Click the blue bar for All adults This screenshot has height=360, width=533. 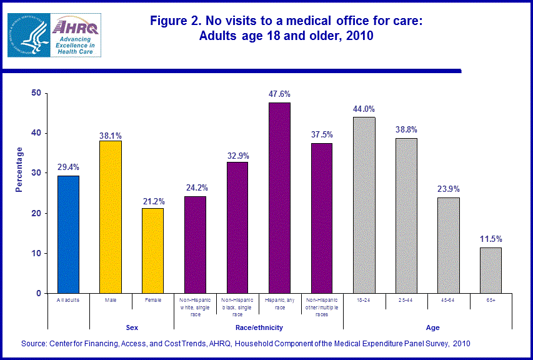(68, 234)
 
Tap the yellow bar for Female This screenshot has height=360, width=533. (153, 251)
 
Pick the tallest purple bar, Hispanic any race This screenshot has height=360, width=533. (279, 197)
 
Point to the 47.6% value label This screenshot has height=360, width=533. (279, 94)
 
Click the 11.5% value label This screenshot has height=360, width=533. (491, 239)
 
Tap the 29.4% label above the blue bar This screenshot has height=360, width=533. (68, 167)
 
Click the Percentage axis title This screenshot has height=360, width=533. (19, 169)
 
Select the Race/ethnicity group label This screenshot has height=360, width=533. (258, 327)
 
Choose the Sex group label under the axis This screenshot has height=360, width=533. (132, 327)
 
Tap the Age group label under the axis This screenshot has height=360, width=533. (433, 327)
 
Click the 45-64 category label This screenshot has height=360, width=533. (449, 300)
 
